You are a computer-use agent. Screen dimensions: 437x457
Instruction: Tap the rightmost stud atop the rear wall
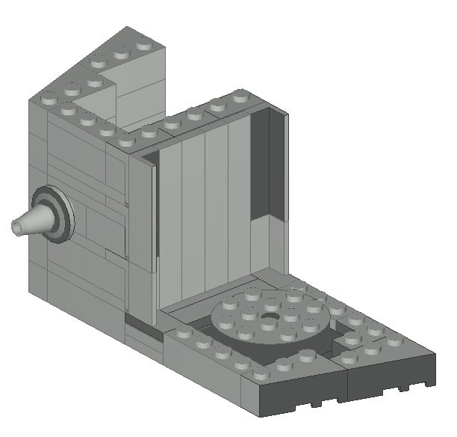click(240, 97)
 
